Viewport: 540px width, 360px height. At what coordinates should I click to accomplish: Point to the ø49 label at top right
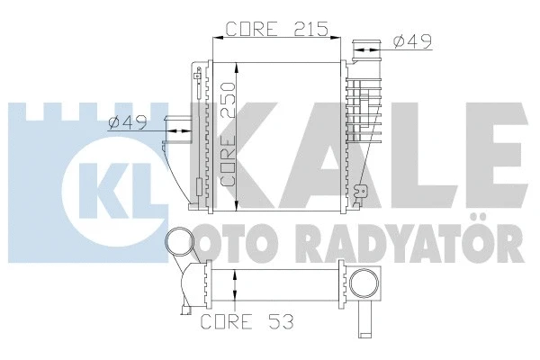[409, 40]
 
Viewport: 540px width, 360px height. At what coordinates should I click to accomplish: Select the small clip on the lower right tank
[364, 192]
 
